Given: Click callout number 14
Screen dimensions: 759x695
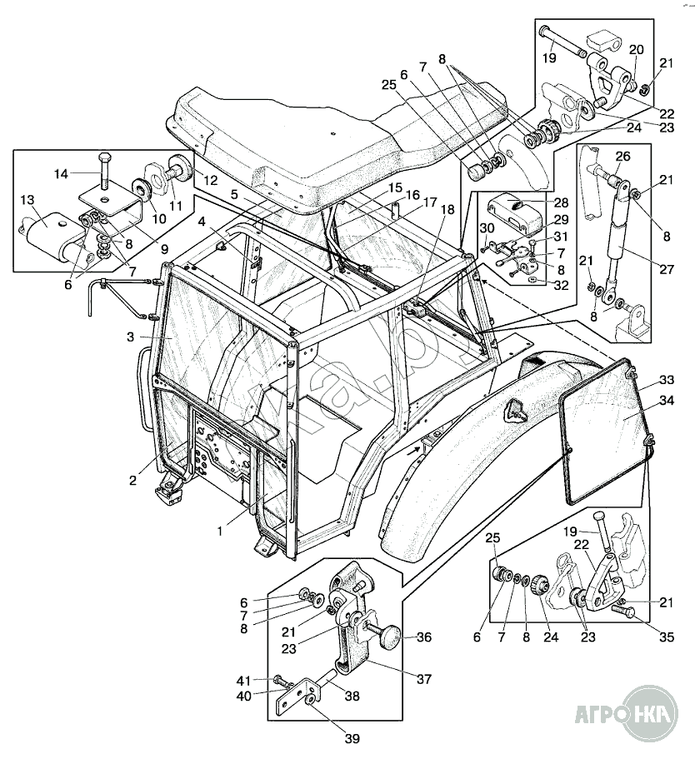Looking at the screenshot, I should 60,174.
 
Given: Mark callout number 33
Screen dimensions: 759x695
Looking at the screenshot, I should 665,379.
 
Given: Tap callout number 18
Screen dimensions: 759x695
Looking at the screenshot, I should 449,210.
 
